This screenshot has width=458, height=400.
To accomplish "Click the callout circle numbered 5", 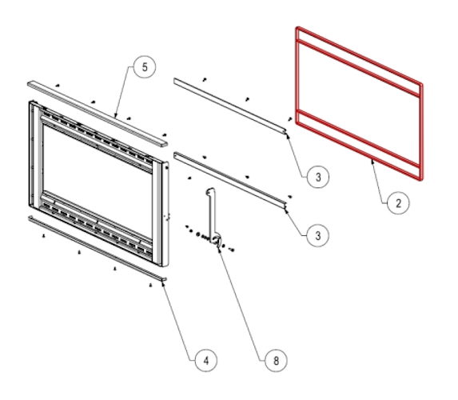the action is click(145, 67).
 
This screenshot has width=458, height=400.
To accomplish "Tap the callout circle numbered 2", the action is click(398, 203).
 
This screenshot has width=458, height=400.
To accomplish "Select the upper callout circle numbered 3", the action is click(318, 177).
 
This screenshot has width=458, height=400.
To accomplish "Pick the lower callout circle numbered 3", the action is click(318, 236).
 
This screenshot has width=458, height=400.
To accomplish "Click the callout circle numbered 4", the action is click(206, 361).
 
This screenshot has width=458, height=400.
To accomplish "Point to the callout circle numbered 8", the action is click(276, 361).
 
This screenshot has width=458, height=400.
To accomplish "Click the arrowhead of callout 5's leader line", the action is click(115, 116).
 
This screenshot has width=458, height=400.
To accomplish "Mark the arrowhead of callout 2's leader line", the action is click(372, 161).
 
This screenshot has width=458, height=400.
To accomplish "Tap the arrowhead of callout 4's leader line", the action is click(163, 283).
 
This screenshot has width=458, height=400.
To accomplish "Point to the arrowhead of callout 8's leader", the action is click(219, 249).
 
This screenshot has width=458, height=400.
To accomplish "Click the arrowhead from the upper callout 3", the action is click(287, 134).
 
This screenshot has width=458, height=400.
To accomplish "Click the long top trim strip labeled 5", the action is click(98, 114).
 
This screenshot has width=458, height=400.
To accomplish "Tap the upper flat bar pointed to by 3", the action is click(230, 106).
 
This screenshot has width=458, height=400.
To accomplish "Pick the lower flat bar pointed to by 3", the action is click(230, 181).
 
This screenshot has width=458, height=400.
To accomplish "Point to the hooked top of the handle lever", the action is click(210, 190).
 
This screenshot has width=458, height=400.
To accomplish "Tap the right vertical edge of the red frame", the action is click(421, 131).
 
